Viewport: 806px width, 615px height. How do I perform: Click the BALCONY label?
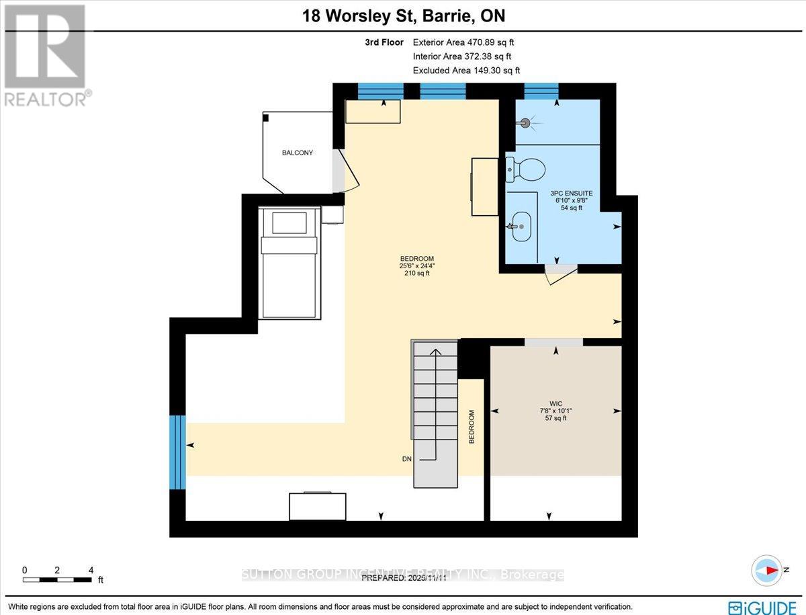coord(297,153)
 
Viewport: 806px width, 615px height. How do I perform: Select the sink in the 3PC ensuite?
coord(521,226)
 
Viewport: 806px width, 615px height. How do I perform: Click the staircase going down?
coord(435,413)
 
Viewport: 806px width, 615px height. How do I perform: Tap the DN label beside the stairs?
coord(407,460)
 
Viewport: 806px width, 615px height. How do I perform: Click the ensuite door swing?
coord(559,274)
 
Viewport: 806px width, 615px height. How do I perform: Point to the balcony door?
coord(342,170)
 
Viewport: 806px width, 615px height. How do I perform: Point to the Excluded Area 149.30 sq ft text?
coord(466,70)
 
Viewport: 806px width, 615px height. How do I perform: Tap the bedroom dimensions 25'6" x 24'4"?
coord(416,265)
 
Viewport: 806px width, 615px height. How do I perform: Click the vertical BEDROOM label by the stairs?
coord(472,426)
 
